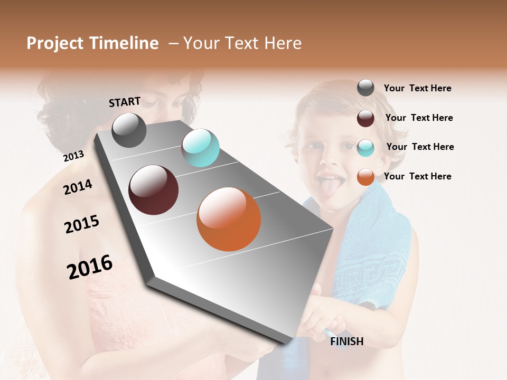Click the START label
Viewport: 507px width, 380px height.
click(125, 102)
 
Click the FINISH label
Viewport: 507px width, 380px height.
click(347, 341)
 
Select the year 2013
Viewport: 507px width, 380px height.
click(73, 156)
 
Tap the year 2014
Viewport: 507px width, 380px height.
click(78, 187)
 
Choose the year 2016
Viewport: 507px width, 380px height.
click(90, 267)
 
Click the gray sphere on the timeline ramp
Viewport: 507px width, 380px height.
click(129, 130)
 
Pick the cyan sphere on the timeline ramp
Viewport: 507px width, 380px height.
click(200, 148)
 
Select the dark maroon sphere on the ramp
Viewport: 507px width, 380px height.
click(154, 190)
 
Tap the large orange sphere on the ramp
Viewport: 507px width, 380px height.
click(229, 219)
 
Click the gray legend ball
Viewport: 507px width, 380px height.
click(365, 88)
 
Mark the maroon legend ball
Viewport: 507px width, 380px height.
click(365, 118)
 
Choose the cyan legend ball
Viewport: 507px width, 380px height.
click(365, 148)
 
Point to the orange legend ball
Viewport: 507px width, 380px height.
click(365, 177)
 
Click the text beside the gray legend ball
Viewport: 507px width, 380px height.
click(417, 89)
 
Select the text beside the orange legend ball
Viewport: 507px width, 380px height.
click(417, 176)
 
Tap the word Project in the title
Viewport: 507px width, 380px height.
click(55, 44)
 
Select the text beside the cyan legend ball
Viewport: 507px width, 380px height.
click(420, 147)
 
